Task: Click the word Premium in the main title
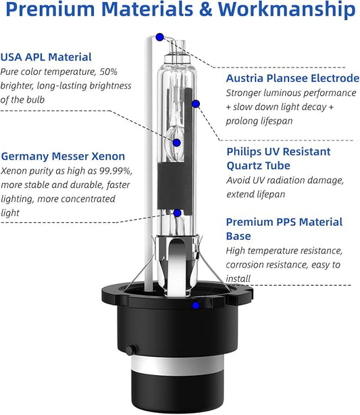50,9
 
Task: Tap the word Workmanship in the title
286,9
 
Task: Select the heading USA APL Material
46,57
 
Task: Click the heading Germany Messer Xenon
63,156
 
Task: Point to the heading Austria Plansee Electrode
292,78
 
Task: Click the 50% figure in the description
108,72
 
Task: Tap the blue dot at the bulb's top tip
160,37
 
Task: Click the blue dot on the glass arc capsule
177,143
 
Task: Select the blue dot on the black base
196,306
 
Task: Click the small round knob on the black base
130,350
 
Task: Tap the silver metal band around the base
178,366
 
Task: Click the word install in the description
238,278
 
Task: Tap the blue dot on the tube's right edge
196,104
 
